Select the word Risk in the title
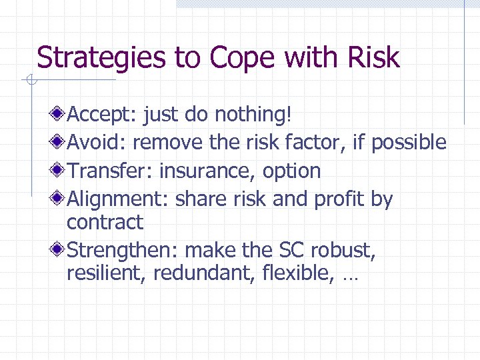(x=373, y=58)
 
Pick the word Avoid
(x=97, y=143)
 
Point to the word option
(x=291, y=171)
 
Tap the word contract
(x=105, y=222)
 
